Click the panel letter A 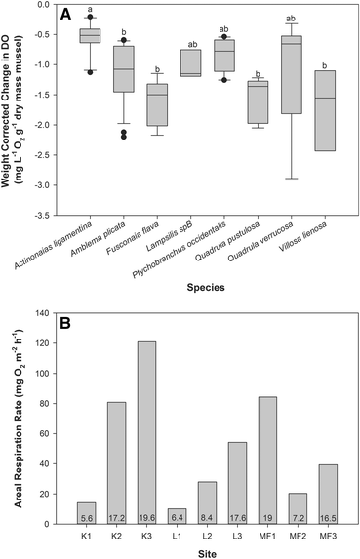point(67,16)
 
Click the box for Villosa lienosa point(325,110)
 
